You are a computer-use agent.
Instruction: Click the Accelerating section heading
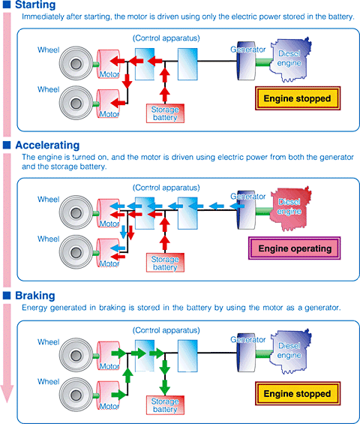click(46, 145)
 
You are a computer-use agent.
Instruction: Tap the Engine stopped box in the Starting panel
click(294, 98)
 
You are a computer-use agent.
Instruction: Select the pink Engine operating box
click(294, 248)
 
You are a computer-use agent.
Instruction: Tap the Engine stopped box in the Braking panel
click(294, 393)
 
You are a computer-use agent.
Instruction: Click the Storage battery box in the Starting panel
click(165, 113)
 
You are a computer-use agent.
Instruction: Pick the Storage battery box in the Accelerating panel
click(165, 262)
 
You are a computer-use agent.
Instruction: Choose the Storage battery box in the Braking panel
click(165, 406)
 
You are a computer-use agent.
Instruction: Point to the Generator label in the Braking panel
click(247, 339)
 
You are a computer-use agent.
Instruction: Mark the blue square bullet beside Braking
click(7, 296)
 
